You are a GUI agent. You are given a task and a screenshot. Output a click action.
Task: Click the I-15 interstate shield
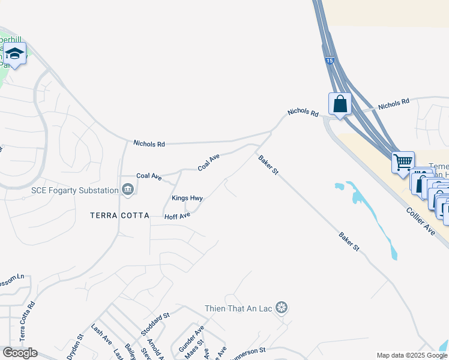[x=330, y=61]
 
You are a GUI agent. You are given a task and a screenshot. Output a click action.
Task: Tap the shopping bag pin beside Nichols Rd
[x=340, y=104]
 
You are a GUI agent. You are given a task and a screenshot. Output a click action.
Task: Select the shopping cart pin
[x=403, y=162]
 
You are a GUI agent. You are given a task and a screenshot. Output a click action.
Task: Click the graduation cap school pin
[x=14, y=54]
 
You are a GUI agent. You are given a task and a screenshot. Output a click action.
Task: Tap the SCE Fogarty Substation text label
[x=74, y=191]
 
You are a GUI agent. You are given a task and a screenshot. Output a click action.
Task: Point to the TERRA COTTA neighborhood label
[x=119, y=215]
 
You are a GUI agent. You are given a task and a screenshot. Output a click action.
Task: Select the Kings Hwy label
[x=187, y=198]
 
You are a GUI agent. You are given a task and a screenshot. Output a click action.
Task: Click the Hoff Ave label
[x=177, y=215]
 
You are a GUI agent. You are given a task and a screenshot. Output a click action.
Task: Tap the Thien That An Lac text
[x=239, y=308]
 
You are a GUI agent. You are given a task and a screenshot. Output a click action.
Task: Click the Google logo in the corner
[x=20, y=353]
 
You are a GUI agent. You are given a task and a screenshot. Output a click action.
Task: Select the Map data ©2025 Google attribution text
[x=411, y=355]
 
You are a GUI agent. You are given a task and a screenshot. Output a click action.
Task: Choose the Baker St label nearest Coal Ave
[x=268, y=165]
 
